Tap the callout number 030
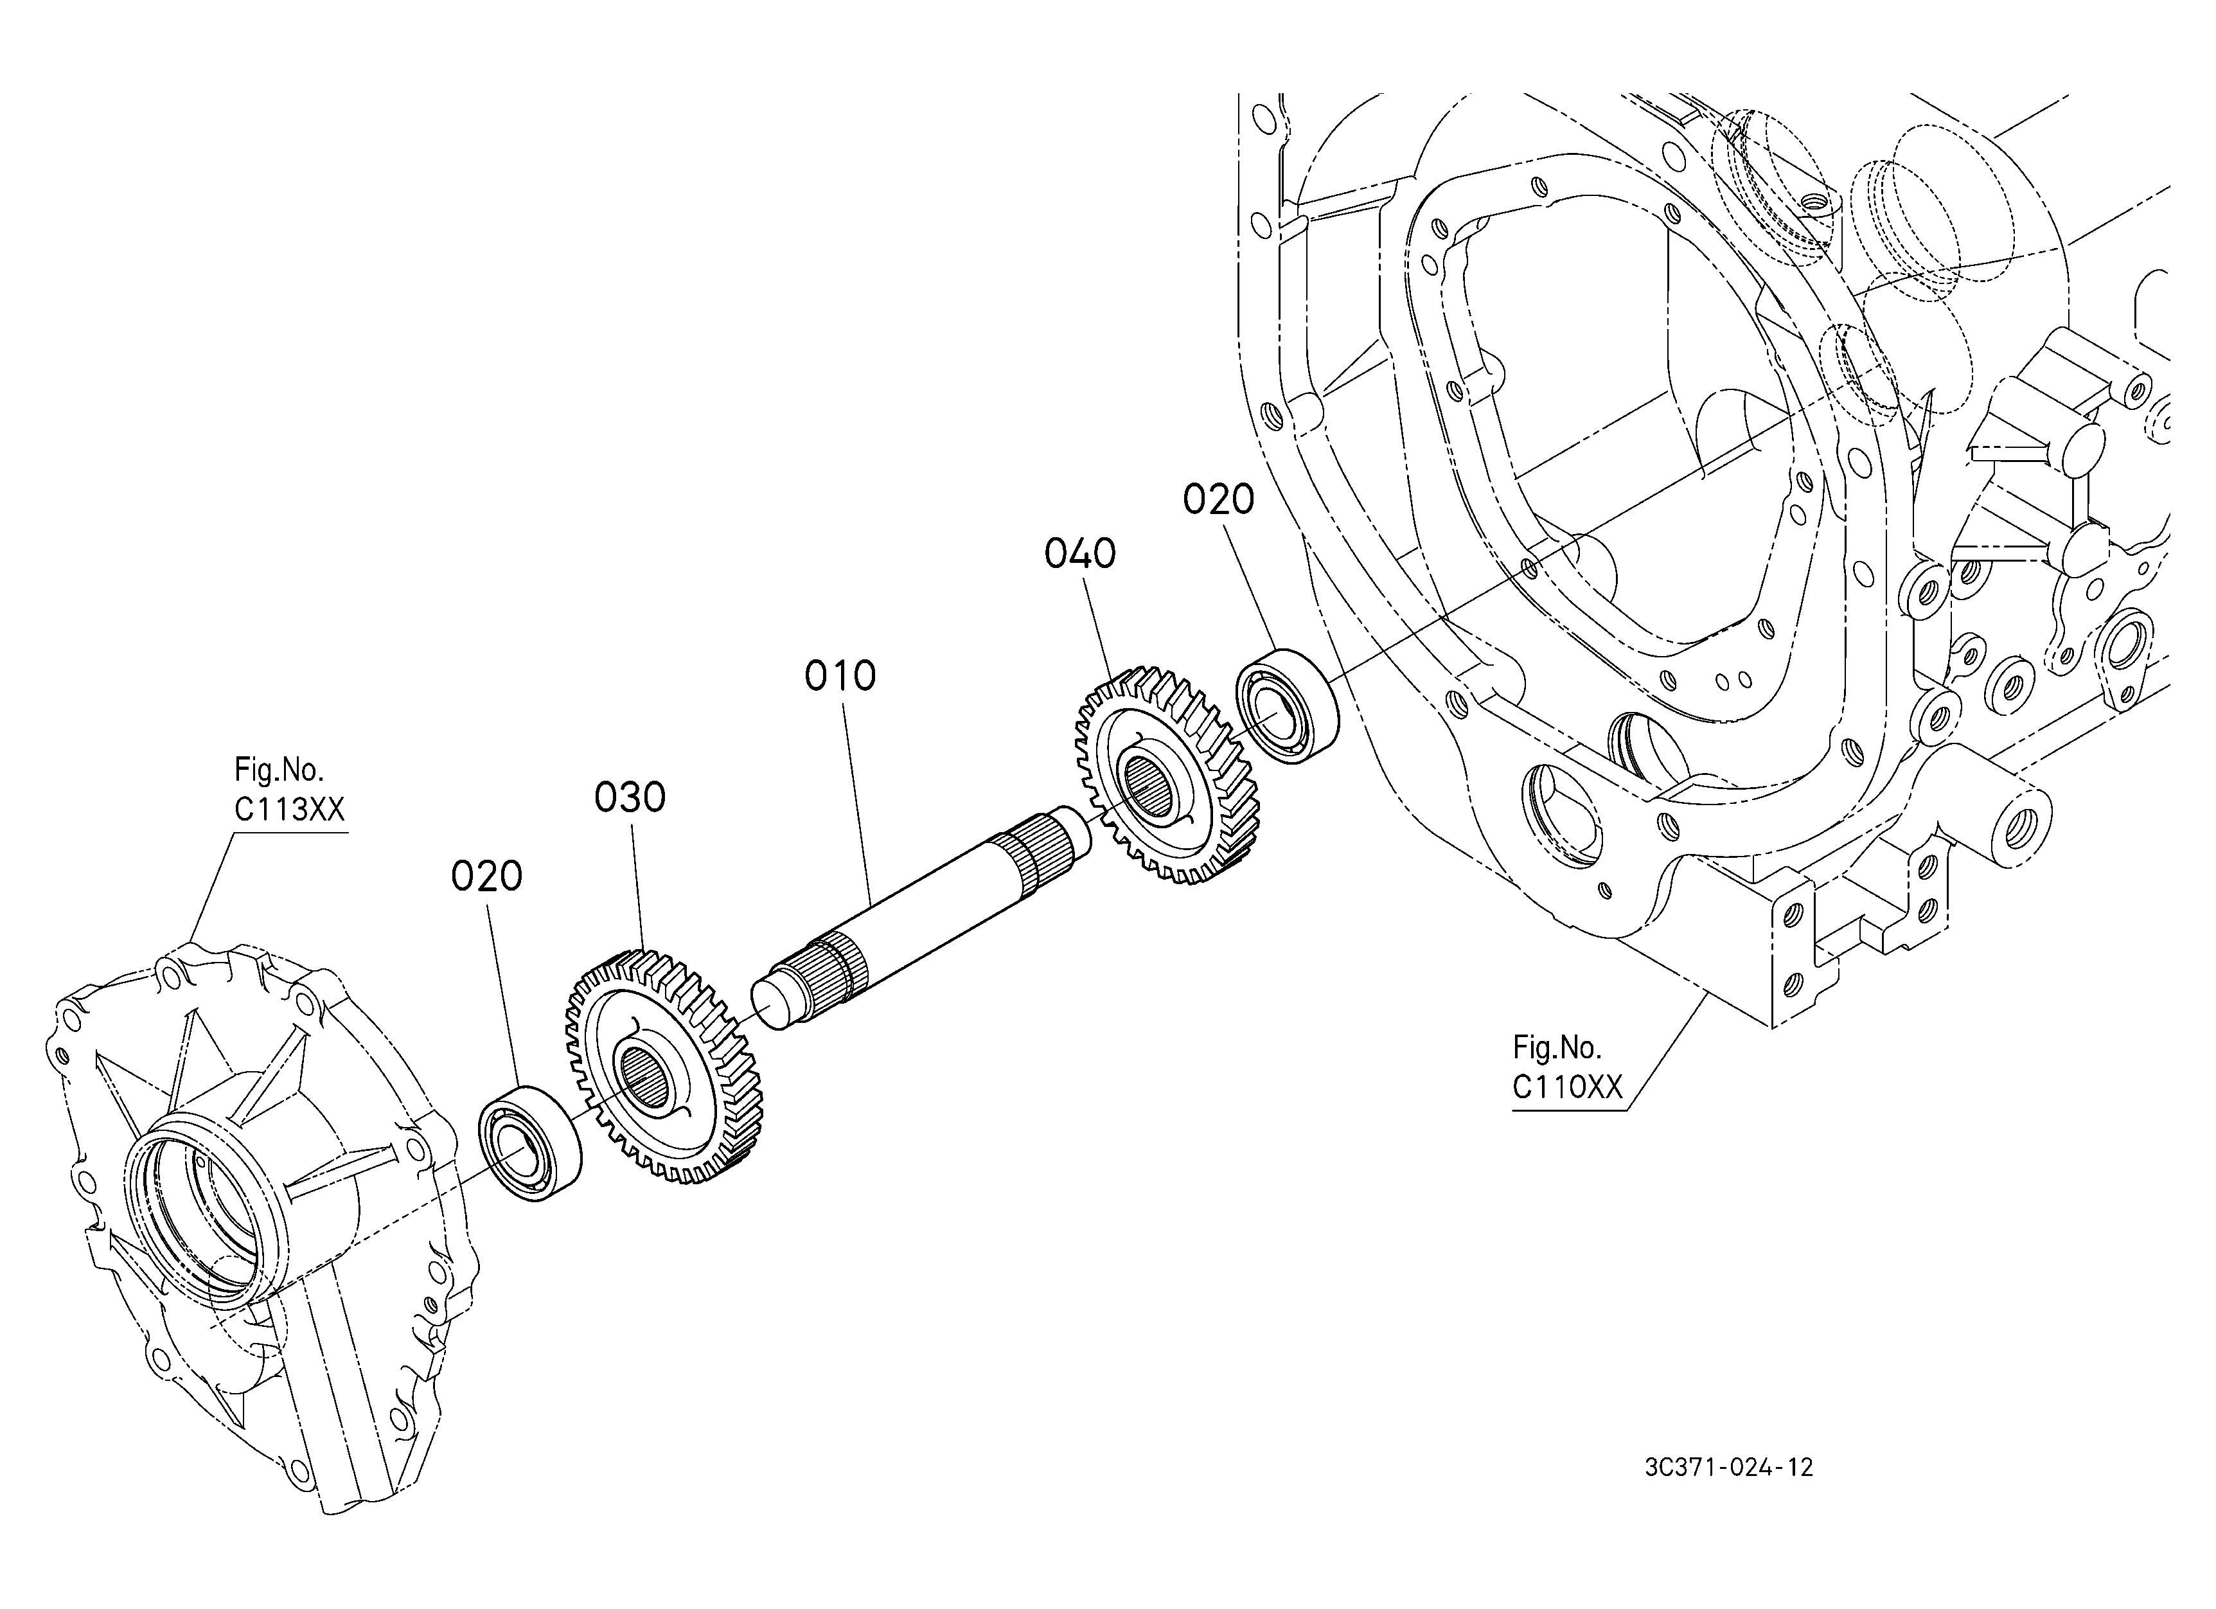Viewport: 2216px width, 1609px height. pos(630,798)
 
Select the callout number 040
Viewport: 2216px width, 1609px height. pos(1079,554)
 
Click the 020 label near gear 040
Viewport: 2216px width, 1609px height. pos(1218,499)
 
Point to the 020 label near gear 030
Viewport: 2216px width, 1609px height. pos(486,876)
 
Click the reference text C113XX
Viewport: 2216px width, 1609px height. pos(289,809)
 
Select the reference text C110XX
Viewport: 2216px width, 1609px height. pos(1567,1087)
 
